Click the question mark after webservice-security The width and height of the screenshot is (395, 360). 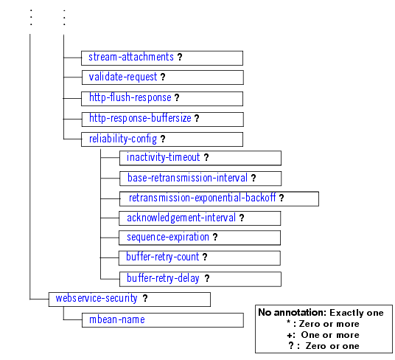145,299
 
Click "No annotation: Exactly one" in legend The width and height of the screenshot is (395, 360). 321,313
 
